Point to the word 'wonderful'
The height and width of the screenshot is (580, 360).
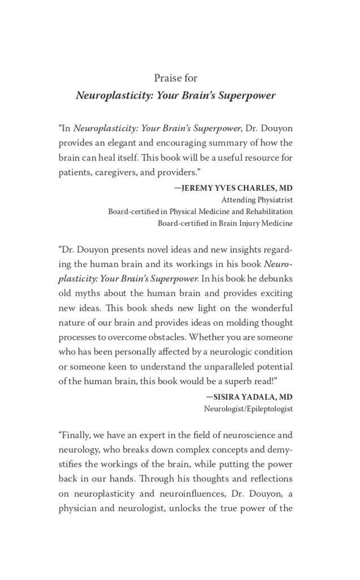[x=268, y=308]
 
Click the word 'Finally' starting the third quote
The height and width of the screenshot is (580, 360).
[x=75, y=437]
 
